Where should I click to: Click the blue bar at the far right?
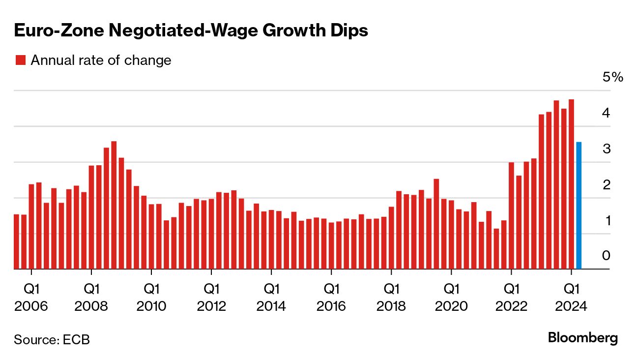(579, 206)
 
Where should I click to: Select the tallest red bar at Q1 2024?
(572, 184)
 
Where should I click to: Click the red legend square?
(20, 60)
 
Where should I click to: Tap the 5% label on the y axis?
(612, 78)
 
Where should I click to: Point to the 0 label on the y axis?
(606, 256)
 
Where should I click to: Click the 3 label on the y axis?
(606, 149)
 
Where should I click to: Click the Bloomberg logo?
(582, 338)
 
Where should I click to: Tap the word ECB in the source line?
(77, 340)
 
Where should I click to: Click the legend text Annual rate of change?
(101, 60)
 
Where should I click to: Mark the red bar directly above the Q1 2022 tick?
(511, 216)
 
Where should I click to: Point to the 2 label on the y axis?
(606, 185)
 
